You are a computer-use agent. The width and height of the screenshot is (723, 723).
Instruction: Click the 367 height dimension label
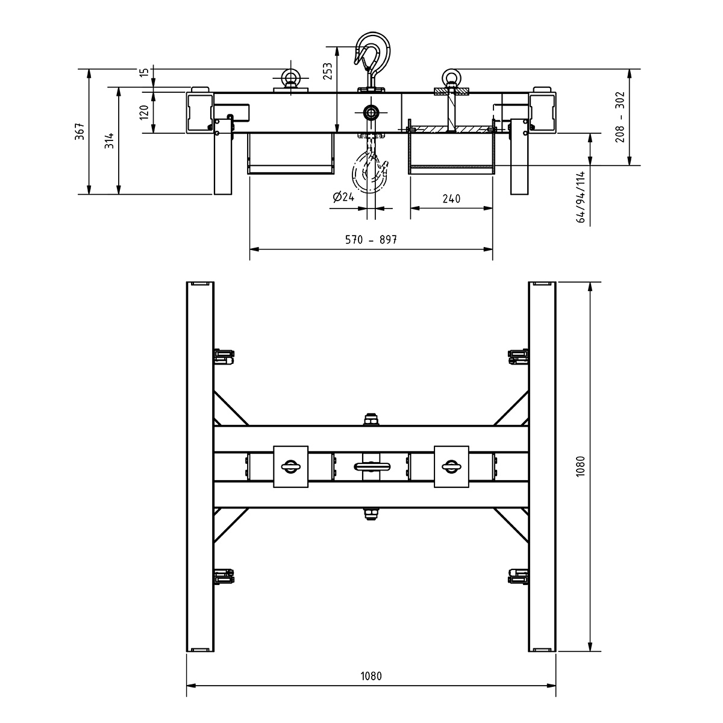(79, 131)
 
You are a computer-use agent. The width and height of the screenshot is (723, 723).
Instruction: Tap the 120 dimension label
(144, 111)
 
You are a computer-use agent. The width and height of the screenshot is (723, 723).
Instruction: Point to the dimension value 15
(143, 72)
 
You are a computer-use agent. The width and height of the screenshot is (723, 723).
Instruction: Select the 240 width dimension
(451, 199)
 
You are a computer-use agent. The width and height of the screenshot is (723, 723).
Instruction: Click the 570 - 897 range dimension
(371, 240)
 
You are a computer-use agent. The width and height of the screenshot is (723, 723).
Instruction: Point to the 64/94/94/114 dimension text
(581, 197)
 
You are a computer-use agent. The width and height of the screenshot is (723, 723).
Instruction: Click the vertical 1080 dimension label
(580, 466)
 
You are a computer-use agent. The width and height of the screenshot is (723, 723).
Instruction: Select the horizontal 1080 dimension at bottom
(371, 675)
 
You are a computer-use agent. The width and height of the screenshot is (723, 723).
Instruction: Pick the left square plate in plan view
(291, 466)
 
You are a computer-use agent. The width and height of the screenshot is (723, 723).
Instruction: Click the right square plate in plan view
(451, 466)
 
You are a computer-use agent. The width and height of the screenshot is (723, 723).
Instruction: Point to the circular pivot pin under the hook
(370, 112)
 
